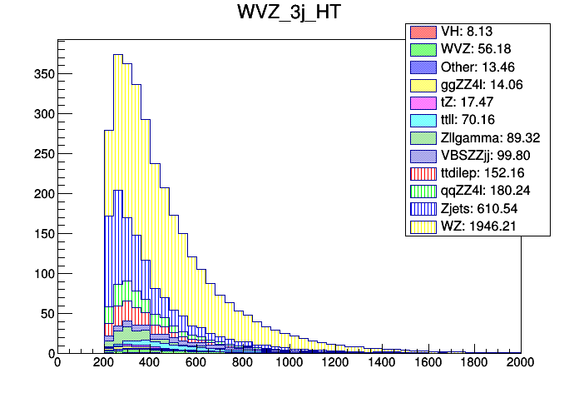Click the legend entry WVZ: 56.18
coord(478,49)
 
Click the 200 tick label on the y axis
coord(40,194)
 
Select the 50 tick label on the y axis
coord(43,314)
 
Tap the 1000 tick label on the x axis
coord(289,363)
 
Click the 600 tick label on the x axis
coord(195,363)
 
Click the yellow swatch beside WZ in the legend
coord(419,226)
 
